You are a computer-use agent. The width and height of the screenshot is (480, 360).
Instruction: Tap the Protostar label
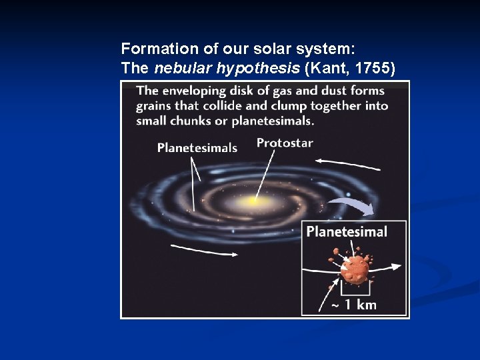pos(285,143)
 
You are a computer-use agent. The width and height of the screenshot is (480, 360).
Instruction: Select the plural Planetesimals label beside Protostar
pos(197,148)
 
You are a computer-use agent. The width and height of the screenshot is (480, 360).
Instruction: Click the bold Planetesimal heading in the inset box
pos(347,232)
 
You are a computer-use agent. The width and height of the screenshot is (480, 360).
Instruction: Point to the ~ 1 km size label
pos(354,305)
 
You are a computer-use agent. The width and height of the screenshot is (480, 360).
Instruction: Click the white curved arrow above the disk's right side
pos(347,164)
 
